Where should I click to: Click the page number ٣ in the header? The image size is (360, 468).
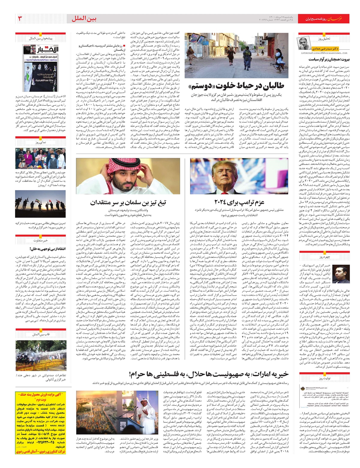click(20, 19)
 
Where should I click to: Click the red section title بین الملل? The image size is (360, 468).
click(84, 19)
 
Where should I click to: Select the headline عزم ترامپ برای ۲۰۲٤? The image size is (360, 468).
click(239, 202)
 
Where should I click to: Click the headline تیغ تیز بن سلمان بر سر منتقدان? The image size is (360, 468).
click(128, 203)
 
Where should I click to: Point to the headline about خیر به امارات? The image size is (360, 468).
click(208, 374)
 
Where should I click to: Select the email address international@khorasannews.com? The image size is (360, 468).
click(324, 53)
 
